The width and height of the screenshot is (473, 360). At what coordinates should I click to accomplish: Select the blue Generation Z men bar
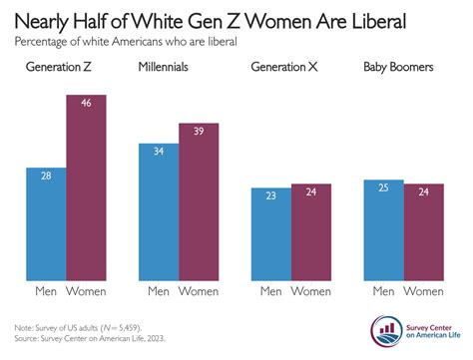45,223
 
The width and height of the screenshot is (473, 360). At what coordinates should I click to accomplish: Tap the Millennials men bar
159,211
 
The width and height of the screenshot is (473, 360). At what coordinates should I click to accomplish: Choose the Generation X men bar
270,233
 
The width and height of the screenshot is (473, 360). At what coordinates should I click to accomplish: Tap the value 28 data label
45,177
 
